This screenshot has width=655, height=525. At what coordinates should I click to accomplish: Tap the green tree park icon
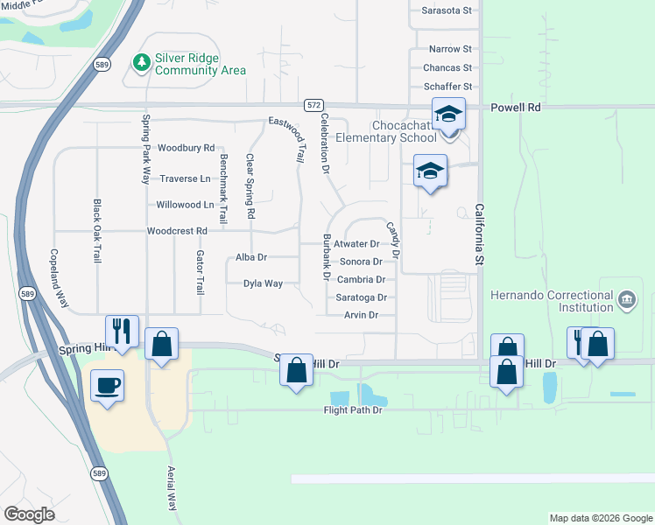coord(141,63)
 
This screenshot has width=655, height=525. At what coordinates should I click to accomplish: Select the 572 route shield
coord(313,105)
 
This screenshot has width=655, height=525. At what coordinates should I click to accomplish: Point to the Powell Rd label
coord(516,108)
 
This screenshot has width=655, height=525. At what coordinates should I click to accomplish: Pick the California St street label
coord(479,230)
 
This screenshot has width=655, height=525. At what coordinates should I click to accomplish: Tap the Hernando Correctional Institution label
coord(552,301)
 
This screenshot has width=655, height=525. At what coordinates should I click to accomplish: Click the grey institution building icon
coord(626,301)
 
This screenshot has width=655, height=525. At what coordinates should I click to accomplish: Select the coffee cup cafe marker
coord(108,385)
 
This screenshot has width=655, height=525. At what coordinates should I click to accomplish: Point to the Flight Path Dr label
coord(354,409)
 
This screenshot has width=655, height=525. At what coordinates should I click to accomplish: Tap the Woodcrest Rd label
coord(176,231)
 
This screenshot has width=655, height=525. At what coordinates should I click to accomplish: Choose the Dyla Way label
coord(263,283)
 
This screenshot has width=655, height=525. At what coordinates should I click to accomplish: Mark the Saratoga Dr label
coord(362,297)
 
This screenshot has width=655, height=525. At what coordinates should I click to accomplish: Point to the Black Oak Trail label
coord(97,230)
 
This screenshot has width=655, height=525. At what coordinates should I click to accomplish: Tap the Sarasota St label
coord(447,10)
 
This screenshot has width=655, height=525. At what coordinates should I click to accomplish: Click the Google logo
coord(29,514)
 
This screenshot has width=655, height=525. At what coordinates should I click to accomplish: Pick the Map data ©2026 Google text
coord(600,518)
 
